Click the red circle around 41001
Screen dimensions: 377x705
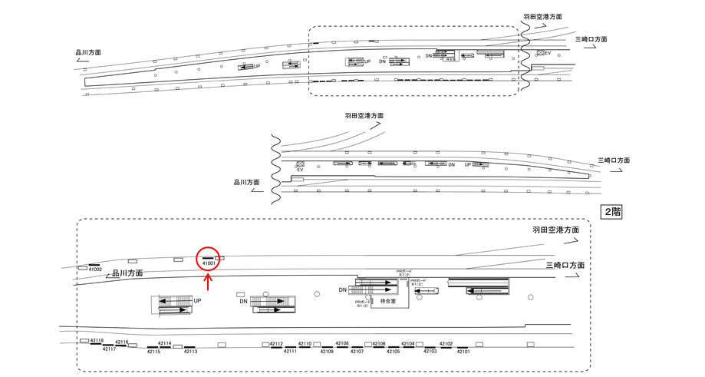pyautogui.click(x=208, y=259)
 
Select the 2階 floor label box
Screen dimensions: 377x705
pyautogui.click(x=611, y=212)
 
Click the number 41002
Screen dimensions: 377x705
pyautogui.click(x=95, y=270)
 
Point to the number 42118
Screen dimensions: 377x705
pyautogui.click(x=97, y=340)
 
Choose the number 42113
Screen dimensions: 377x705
pyautogui.click(x=189, y=351)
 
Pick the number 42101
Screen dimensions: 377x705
pyautogui.click(x=463, y=351)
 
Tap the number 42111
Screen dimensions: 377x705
pyautogui.click(x=290, y=351)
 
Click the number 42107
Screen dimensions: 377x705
pyautogui.click(x=356, y=351)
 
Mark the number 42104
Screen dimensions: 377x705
pyautogui.click(x=408, y=344)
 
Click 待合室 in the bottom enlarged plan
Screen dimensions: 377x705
pyautogui.click(x=388, y=302)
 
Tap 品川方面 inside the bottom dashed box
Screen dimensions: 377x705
pyautogui.click(x=128, y=273)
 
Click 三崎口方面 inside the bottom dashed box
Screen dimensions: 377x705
pyautogui.click(x=565, y=265)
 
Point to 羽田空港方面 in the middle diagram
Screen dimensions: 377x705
pyautogui.click(x=364, y=116)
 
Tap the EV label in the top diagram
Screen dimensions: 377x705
pyautogui.click(x=548, y=53)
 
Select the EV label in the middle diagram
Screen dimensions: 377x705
pyautogui.click(x=300, y=170)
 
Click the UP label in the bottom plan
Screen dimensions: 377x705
pyautogui.click(x=198, y=301)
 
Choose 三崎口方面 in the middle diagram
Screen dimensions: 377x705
pyautogui.click(x=614, y=160)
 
